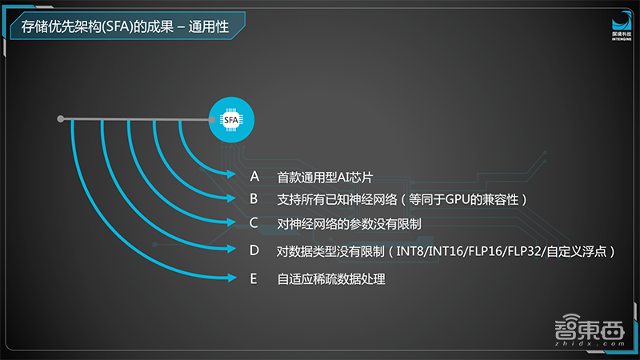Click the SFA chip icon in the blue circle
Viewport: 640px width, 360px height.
pyautogui.click(x=231, y=120)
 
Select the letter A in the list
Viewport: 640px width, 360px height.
pyautogui.click(x=254, y=175)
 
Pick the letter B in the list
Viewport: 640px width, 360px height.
pyautogui.click(x=254, y=198)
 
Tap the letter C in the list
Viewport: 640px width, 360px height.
pyautogui.click(x=254, y=222)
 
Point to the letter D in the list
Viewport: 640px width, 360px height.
pyautogui.click(x=254, y=250)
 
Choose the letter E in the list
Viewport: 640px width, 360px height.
pyautogui.click(x=254, y=278)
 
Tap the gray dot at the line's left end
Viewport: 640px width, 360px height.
pyautogui.click(x=61, y=120)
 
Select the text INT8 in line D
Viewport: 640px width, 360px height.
pyautogui.click(x=410, y=251)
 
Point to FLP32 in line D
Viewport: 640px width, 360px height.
pyautogui.click(x=524, y=251)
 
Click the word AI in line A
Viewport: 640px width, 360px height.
pyautogui.click(x=341, y=176)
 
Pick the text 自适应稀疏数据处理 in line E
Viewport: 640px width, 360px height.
pyautogui.click(x=331, y=279)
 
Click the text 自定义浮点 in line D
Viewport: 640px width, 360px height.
pyautogui.click(x=579, y=251)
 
